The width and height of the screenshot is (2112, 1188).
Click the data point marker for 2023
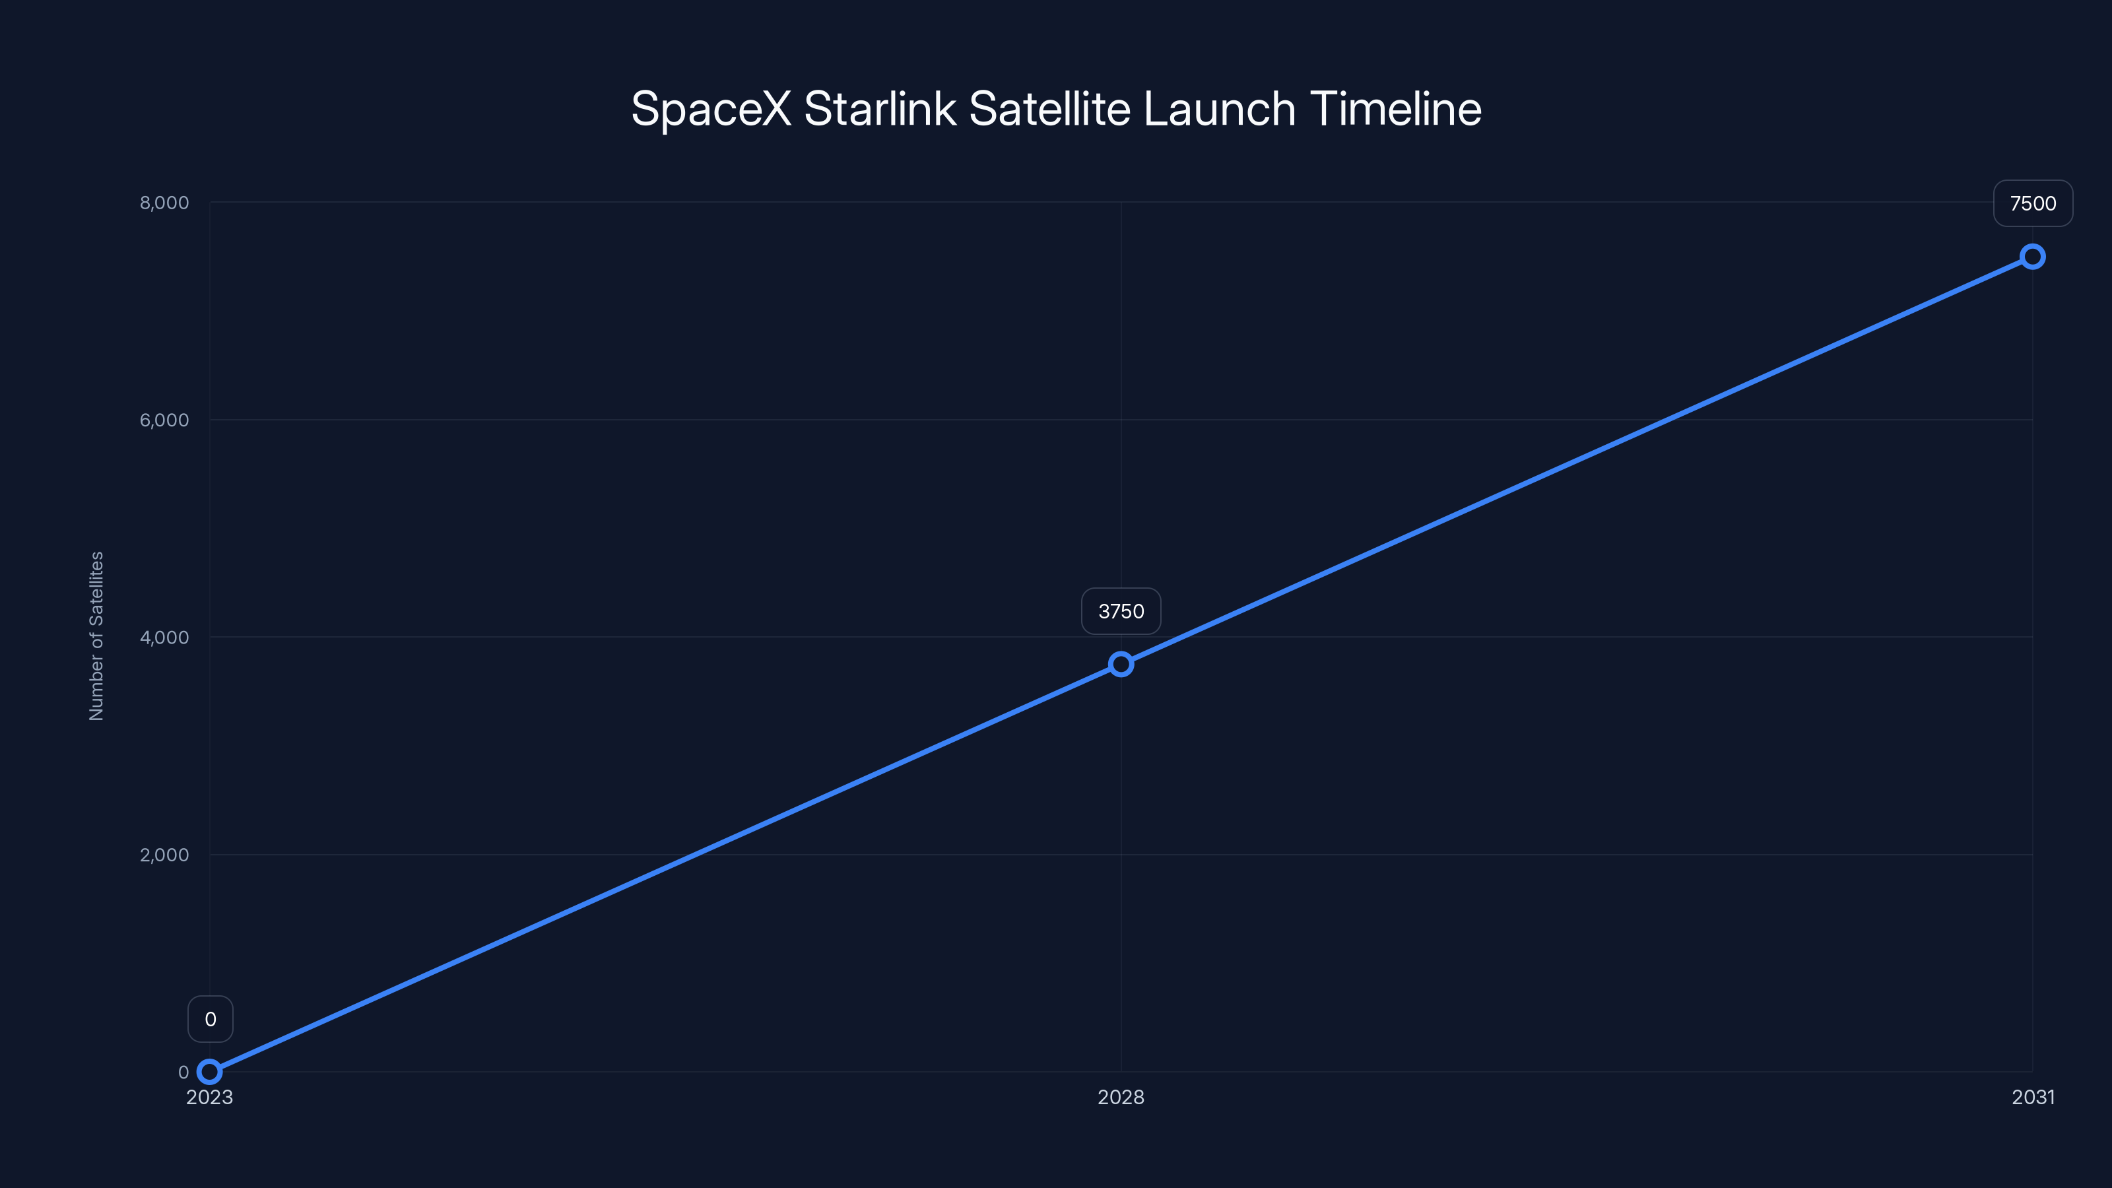(210, 1072)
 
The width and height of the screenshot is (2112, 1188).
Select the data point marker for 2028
(1121, 664)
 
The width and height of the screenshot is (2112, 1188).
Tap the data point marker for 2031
(2033, 257)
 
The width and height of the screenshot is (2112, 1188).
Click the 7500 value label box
(2033, 203)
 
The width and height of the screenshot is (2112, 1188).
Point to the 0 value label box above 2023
(210, 1019)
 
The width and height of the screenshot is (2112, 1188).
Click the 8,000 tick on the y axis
(164, 203)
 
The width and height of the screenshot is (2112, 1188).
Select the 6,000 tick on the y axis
(164, 420)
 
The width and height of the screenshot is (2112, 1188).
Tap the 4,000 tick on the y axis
(164, 637)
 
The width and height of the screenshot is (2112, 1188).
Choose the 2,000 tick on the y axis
(164, 854)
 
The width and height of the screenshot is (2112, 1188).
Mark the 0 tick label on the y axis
(183, 1072)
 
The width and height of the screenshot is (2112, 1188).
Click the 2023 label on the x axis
(210, 1097)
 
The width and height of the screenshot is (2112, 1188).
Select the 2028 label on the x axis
(1121, 1097)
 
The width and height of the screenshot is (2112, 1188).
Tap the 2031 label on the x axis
(2033, 1097)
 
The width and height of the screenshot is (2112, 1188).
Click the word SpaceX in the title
(711, 109)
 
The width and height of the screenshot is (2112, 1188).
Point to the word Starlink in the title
(880, 109)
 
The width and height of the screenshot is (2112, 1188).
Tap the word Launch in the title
(1219, 109)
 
